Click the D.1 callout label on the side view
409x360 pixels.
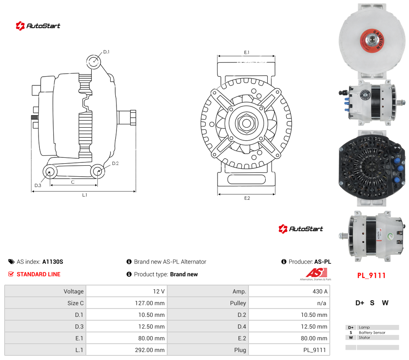(106, 52)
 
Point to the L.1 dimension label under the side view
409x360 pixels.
(85, 195)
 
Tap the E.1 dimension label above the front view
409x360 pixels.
(247, 52)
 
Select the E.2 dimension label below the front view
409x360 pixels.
(247, 198)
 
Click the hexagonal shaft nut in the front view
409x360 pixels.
(246, 123)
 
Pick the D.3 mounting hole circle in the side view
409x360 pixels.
(49, 172)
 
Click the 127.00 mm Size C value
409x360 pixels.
(150, 303)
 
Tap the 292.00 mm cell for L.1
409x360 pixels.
(150, 350)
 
